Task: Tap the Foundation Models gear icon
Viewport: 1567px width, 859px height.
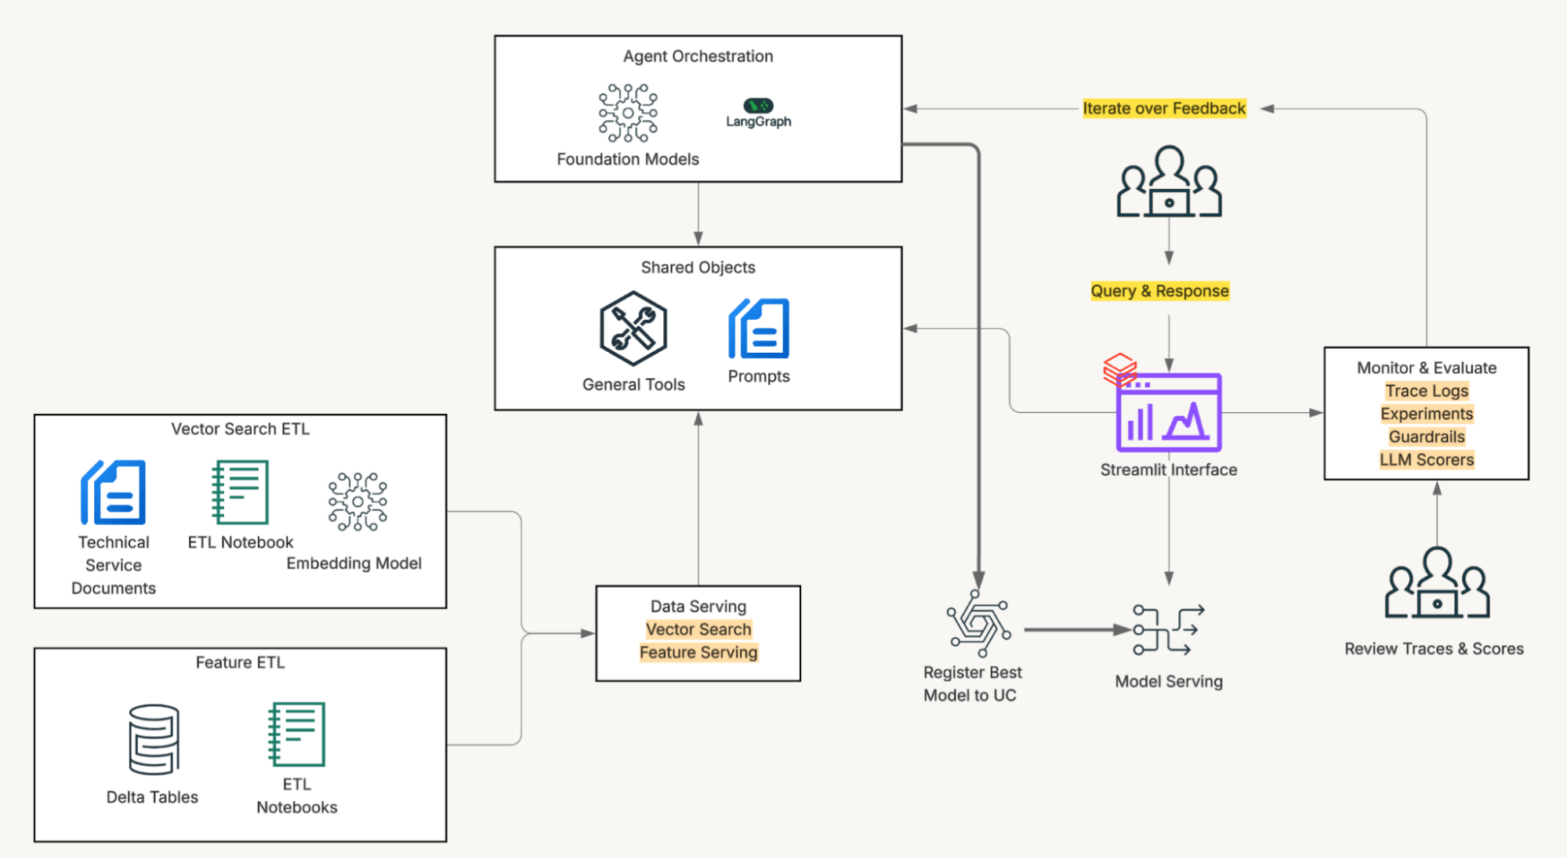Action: pos(628,114)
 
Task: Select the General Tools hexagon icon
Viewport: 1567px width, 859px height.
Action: pos(633,328)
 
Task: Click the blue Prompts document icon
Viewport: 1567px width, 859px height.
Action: pos(759,328)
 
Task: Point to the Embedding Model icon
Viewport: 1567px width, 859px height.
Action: pos(357,502)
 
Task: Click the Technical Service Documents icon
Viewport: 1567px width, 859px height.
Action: pos(114,492)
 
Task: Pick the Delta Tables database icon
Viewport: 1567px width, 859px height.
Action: pos(154,739)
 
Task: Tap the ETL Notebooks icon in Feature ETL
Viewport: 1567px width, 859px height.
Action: pos(296,734)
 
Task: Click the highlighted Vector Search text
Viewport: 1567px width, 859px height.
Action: pos(698,629)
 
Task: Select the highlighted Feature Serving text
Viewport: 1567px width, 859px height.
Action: pos(698,652)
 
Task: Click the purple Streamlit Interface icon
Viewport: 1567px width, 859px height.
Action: pos(1168,413)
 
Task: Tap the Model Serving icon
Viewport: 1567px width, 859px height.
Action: pos(1168,629)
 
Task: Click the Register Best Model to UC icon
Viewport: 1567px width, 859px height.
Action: pos(978,625)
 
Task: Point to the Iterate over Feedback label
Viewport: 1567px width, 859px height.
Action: pos(1163,108)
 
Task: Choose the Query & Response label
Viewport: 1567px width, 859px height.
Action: pos(1159,291)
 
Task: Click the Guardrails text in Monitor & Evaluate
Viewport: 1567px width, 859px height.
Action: pos(1426,437)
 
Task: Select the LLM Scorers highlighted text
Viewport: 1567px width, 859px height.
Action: pos(1426,460)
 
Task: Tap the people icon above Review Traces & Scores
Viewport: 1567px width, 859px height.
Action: pos(1436,585)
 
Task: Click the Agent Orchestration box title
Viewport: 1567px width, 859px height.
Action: pos(698,56)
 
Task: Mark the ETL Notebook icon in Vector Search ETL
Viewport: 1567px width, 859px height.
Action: pos(241,492)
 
